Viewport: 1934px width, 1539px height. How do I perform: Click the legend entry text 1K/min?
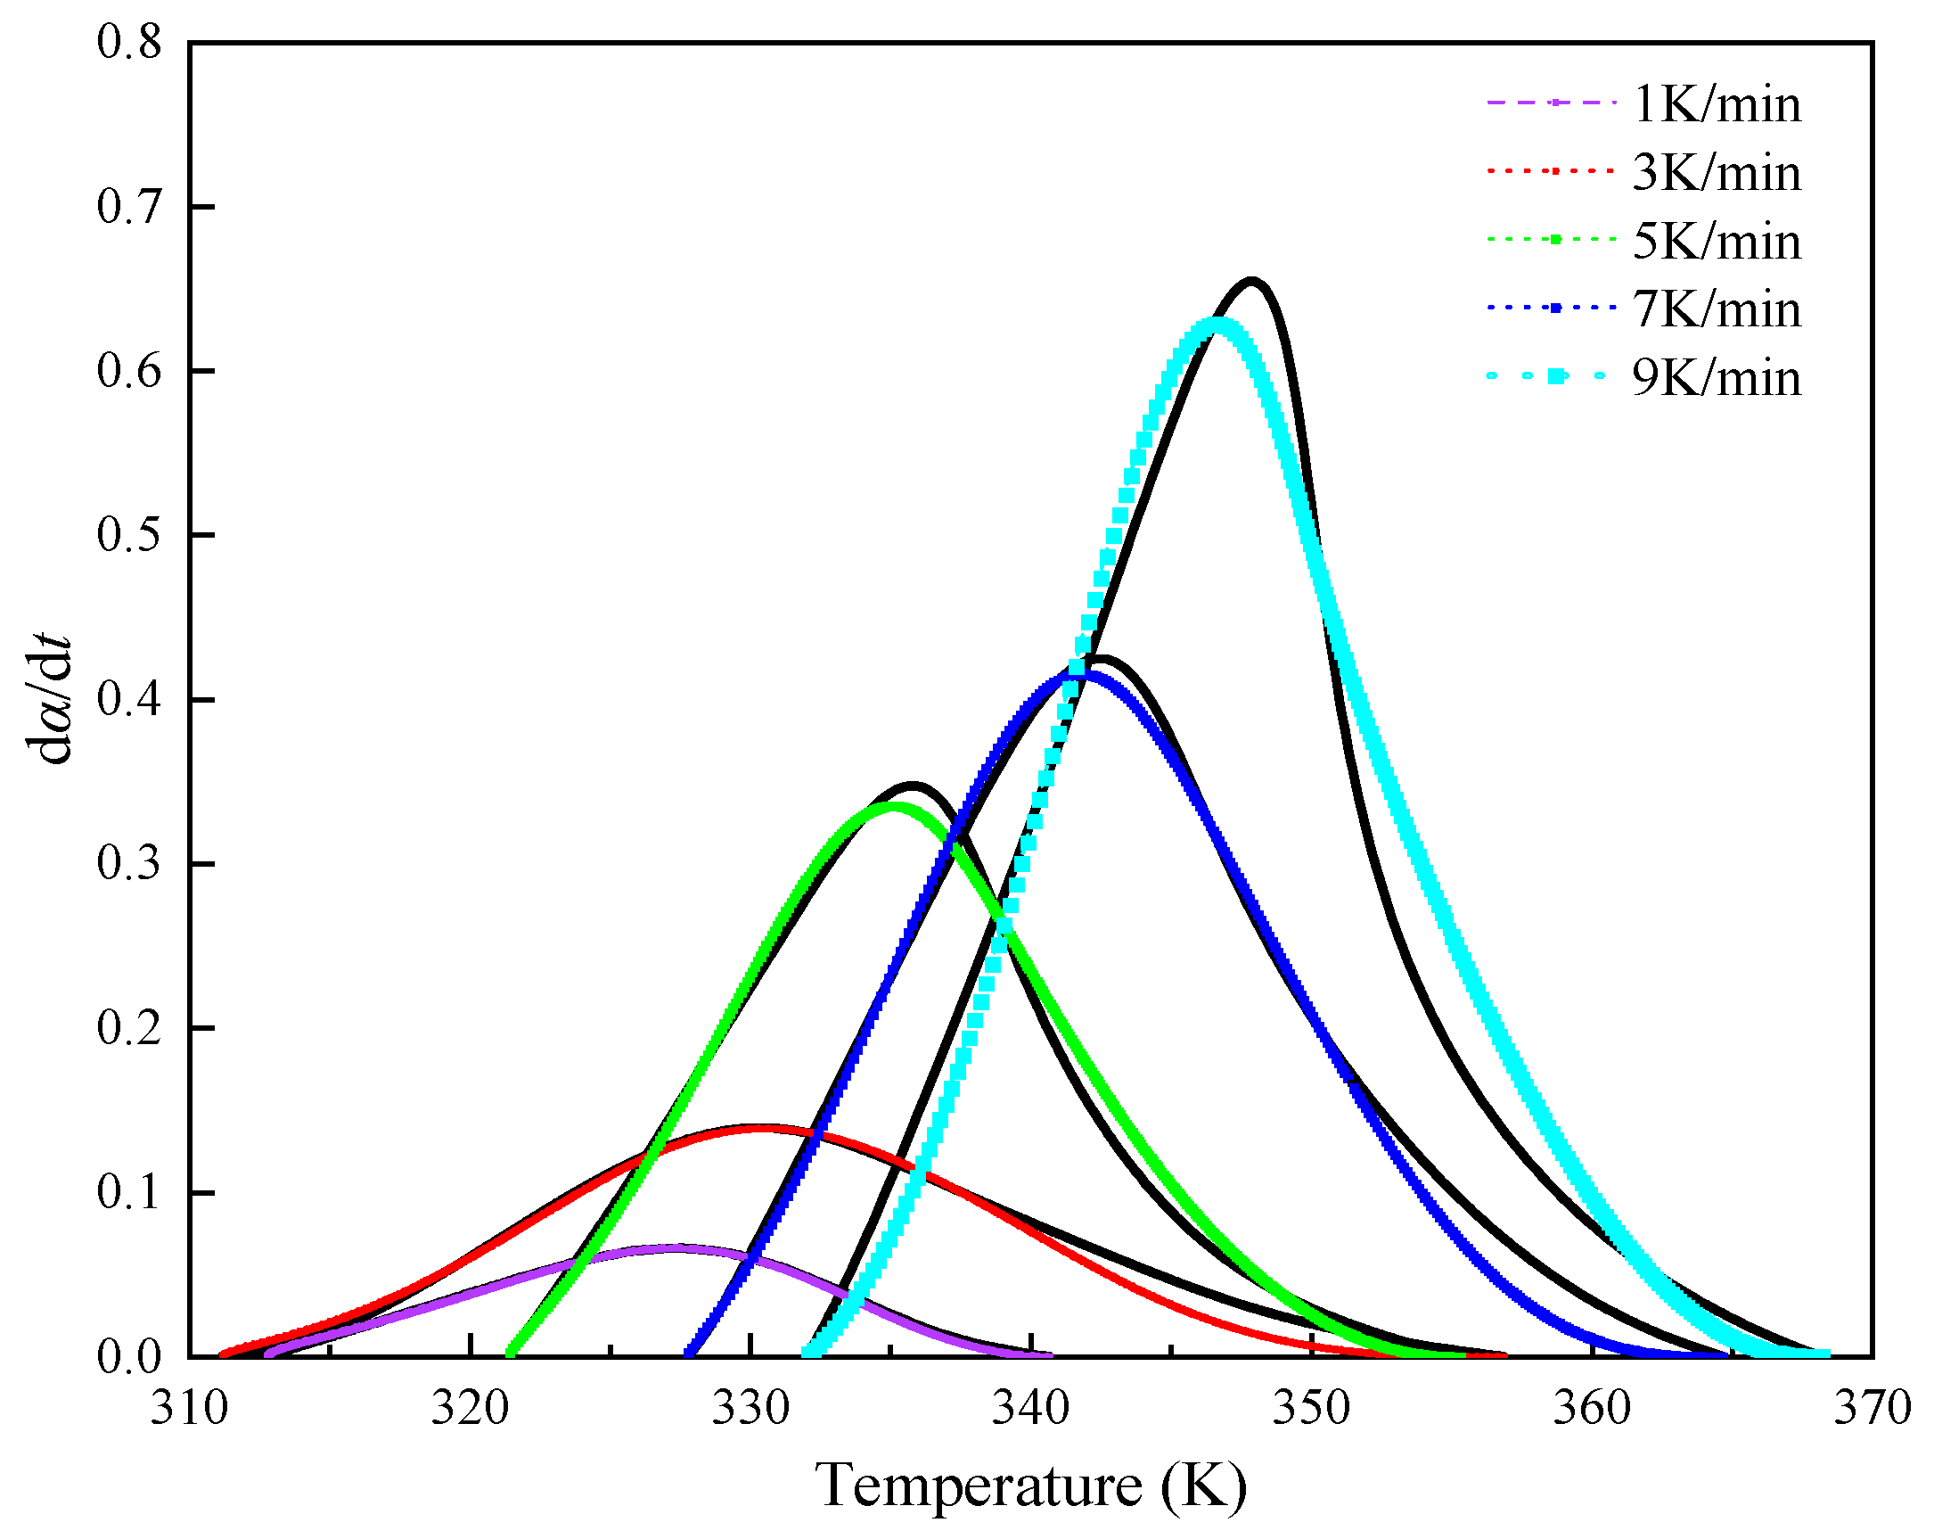(1715, 105)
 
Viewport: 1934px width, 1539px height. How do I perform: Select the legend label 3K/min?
(1715, 173)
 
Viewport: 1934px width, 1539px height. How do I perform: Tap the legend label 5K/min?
(1715, 242)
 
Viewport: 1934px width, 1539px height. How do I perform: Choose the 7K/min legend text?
(1715, 309)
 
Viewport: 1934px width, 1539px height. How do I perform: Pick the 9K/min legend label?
(1715, 378)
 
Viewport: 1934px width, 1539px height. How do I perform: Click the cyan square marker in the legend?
(1558, 377)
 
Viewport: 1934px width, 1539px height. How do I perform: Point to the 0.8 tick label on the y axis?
(129, 42)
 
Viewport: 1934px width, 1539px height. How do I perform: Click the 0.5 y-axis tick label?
(129, 535)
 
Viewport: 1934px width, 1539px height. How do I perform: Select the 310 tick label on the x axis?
(189, 1409)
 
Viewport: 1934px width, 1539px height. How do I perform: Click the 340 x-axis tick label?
(1030, 1409)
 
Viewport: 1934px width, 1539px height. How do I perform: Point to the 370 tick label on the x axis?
(1873, 1409)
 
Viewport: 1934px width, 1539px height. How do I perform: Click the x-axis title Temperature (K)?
(1030, 1486)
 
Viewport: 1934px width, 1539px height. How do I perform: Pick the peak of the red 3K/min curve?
(761, 1129)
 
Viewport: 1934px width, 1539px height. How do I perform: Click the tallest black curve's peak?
(1252, 284)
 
